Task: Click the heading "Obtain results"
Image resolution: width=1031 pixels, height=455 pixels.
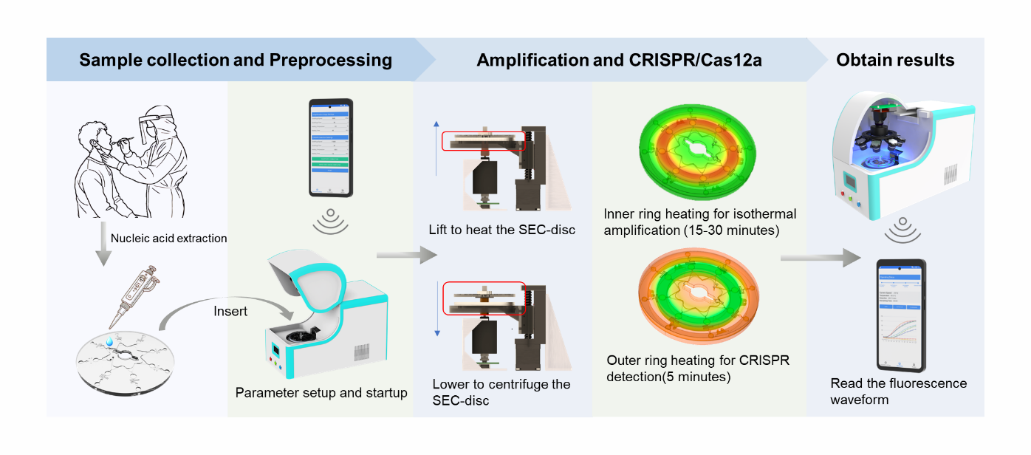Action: click(895, 60)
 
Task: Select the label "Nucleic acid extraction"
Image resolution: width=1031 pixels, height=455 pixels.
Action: click(168, 239)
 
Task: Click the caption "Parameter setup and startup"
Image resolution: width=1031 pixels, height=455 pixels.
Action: click(321, 393)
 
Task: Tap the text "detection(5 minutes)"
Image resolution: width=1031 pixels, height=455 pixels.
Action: click(668, 377)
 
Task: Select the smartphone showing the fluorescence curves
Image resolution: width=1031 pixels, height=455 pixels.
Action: click(901, 315)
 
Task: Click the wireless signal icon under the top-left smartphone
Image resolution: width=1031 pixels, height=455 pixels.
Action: click(330, 224)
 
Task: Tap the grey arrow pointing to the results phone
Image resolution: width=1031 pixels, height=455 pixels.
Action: click(820, 258)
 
